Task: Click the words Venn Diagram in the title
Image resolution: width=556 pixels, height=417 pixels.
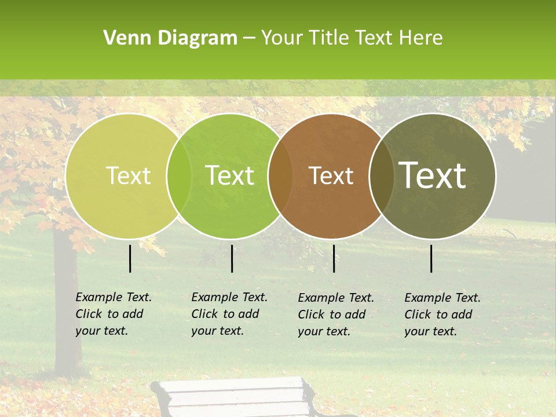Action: (170, 38)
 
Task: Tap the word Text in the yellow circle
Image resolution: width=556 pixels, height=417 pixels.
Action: (129, 175)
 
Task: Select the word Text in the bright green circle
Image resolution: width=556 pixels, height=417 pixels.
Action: (230, 175)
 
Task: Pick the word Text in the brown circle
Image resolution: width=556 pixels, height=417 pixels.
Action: (331, 175)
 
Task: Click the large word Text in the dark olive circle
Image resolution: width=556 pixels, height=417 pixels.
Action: (433, 175)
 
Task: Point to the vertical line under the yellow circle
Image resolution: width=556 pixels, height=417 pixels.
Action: (130, 258)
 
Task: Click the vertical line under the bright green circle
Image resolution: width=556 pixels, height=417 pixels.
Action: (232, 258)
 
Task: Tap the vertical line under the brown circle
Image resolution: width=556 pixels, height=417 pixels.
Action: (334, 258)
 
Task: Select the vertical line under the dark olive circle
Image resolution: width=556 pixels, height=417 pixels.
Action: (431, 258)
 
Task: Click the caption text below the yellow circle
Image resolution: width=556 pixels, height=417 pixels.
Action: (114, 314)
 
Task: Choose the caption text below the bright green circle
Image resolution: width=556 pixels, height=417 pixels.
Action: (229, 314)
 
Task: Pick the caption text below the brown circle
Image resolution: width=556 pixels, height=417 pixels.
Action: (336, 314)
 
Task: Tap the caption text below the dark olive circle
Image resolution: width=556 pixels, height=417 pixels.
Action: (442, 314)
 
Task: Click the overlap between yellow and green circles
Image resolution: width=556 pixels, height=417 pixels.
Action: (179, 175)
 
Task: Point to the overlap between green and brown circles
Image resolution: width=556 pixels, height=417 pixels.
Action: (280, 175)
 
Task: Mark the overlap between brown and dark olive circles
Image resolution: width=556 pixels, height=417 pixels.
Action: (382, 175)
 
